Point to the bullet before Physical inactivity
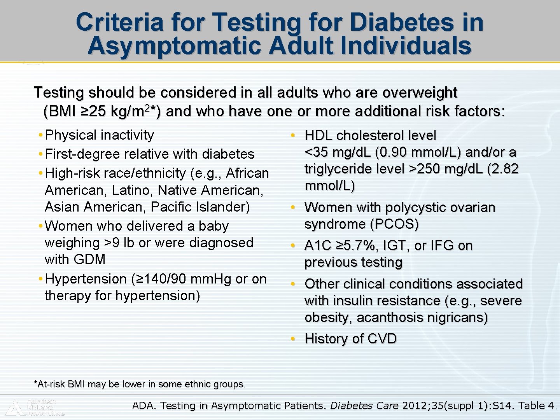pyautogui.click(x=40, y=135)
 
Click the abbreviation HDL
pyautogui.click(x=318, y=135)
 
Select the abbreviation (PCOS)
pyautogui.click(x=394, y=224)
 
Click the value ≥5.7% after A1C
pyautogui.click(x=357, y=245)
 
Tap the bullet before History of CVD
pyautogui.click(x=293, y=339)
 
